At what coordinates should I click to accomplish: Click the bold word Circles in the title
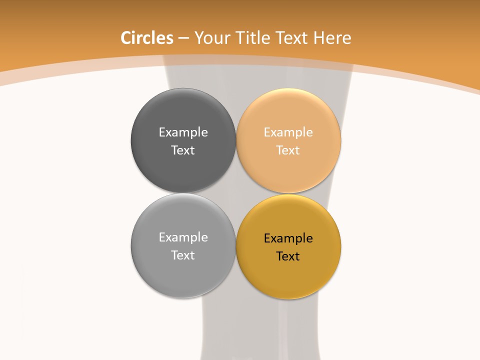(147, 38)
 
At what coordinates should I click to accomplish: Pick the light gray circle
(183, 275)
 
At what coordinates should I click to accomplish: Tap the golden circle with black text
(288, 277)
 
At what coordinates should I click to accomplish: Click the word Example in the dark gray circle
(183, 132)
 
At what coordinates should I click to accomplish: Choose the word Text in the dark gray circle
(183, 150)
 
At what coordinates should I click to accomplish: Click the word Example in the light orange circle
(288, 132)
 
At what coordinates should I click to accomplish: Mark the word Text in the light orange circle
(288, 150)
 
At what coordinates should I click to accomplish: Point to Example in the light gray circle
(183, 237)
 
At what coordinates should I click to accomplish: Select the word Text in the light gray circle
(183, 255)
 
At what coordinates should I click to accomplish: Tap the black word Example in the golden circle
(288, 238)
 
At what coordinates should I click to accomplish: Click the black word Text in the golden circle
(288, 256)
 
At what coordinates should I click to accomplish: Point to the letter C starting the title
(126, 38)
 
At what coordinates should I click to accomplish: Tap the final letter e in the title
(347, 39)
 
